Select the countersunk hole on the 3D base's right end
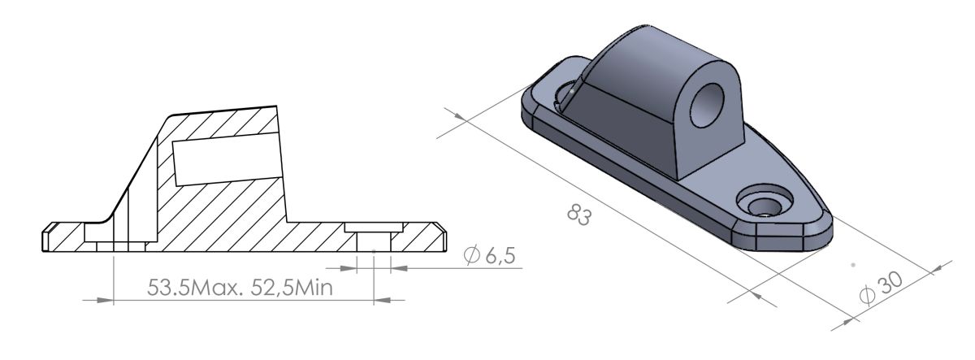(765, 204)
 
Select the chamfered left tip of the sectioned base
(46, 236)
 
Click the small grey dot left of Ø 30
(851, 264)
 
